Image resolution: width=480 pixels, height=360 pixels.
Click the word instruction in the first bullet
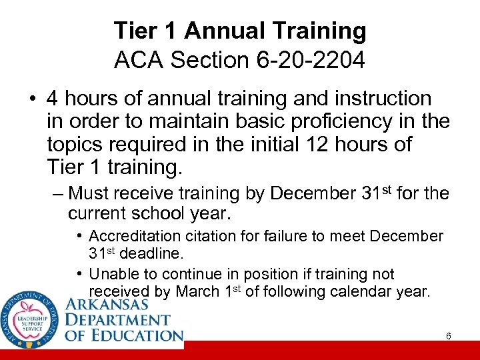[x=379, y=99]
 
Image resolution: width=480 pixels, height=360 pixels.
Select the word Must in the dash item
[x=89, y=194]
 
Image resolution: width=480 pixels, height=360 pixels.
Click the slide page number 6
[x=449, y=336]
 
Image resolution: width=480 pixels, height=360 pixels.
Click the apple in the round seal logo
[x=29, y=319]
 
